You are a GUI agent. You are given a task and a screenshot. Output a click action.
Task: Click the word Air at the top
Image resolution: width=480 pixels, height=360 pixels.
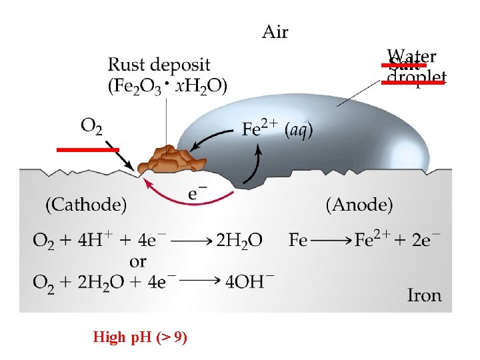click(x=275, y=31)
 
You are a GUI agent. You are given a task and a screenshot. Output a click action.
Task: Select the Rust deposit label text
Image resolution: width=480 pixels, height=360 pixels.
click(x=159, y=65)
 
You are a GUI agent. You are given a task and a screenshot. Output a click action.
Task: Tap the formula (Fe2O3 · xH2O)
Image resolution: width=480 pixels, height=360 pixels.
click(x=167, y=85)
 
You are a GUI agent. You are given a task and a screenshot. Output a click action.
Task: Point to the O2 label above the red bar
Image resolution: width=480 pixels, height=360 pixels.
click(x=91, y=125)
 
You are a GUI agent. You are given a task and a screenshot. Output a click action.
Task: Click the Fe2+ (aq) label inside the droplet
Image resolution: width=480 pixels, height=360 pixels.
click(x=277, y=130)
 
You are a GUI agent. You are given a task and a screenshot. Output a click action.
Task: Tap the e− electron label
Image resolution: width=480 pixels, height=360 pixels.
click(x=196, y=194)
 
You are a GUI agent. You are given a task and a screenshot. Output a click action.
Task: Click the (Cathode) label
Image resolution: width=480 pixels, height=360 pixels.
click(x=86, y=205)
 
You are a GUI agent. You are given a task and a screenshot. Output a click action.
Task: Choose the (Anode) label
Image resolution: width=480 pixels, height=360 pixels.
click(x=359, y=205)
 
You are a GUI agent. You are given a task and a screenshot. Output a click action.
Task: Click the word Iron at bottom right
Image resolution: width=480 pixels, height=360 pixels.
click(x=425, y=294)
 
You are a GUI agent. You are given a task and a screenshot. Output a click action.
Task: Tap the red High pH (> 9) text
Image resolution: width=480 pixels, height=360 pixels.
click(x=140, y=338)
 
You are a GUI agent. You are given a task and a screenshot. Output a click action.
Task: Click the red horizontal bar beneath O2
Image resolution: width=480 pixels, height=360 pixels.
click(x=87, y=150)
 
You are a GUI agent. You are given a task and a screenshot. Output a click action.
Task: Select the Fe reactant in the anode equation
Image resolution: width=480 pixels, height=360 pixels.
click(x=298, y=240)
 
